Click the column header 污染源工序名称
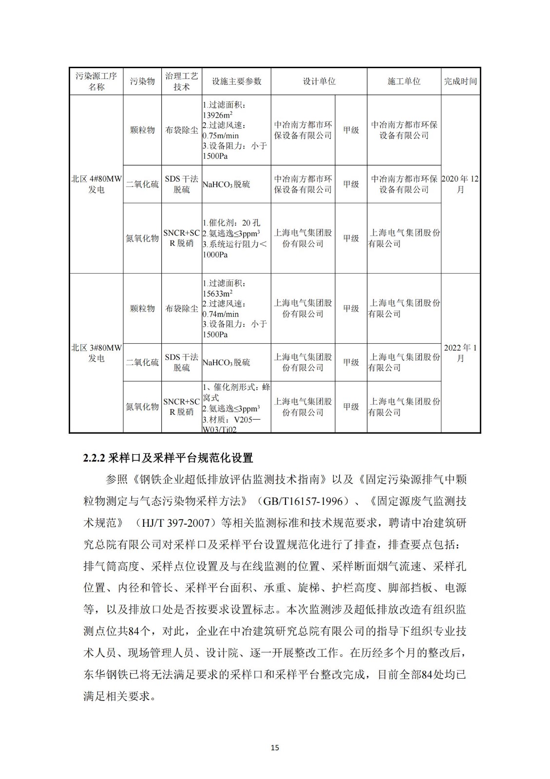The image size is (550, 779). [x=96, y=81]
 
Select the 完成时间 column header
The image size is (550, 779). [x=460, y=81]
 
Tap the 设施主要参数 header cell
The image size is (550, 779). [x=236, y=81]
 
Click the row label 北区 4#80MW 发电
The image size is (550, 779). [x=96, y=184]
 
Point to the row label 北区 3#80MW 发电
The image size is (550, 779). [x=96, y=353]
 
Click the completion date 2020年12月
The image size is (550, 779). [x=460, y=184]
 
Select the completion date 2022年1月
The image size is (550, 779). [x=460, y=353]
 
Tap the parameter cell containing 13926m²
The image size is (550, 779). [x=236, y=130]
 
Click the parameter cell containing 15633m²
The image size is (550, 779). [x=236, y=308]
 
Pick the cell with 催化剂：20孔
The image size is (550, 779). [x=236, y=238]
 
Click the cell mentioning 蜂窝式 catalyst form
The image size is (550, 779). [x=236, y=407]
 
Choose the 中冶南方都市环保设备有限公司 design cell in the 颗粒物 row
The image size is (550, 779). [x=303, y=130]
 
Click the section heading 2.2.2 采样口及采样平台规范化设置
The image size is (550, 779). [x=168, y=458]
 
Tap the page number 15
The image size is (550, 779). [x=275, y=747]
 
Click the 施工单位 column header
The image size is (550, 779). [x=403, y=81]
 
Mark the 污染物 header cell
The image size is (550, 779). [x=142, y=81]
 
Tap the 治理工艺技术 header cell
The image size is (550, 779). [x=182, y=81]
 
